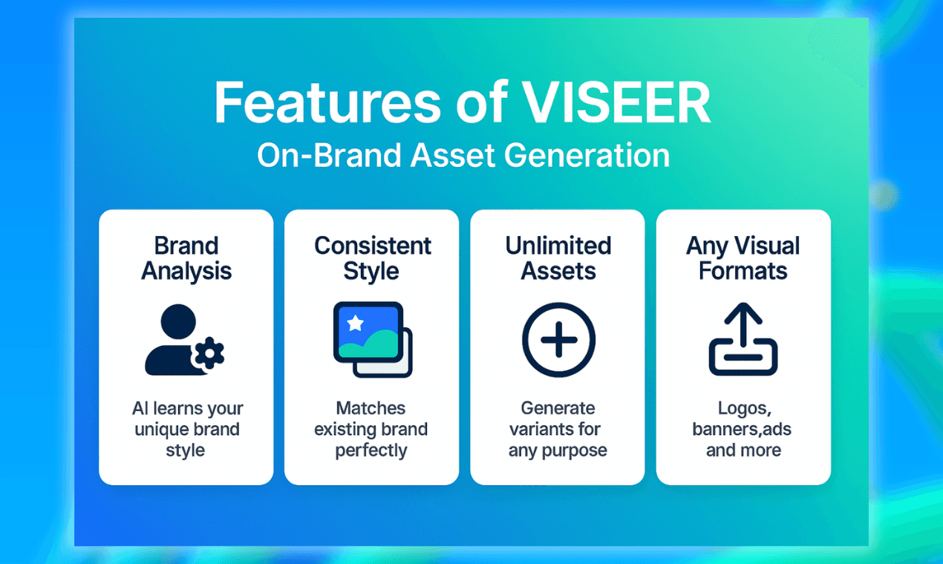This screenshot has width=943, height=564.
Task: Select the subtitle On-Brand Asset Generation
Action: coord(463,156)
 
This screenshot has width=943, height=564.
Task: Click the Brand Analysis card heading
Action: coord(186,258)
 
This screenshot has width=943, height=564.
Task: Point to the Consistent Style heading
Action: coord(372,258)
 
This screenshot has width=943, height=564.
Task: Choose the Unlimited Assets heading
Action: coord(558,258)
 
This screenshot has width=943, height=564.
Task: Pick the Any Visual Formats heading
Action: coord(743,258)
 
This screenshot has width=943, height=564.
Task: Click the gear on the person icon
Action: coord(208,354)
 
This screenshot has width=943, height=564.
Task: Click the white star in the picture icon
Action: coord(356,323)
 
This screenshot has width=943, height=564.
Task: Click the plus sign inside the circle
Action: coord(558,341)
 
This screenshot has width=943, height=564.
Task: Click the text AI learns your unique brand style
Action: coord(186,429)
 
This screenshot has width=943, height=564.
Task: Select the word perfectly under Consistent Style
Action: coord(371,450)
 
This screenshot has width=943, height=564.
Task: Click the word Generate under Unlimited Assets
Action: coord(558,408)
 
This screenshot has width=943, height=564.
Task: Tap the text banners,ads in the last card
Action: coord(743,429)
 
